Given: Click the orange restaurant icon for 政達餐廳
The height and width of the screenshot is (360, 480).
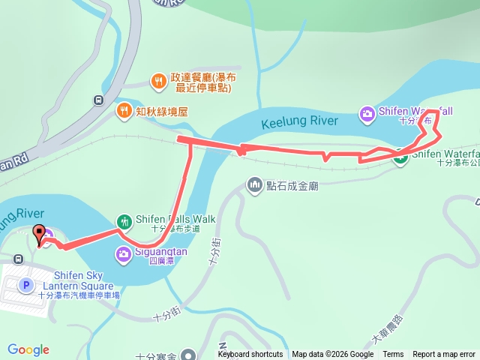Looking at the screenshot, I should click(x=157, y=80).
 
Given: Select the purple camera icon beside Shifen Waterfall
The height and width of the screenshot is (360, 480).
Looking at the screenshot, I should click(x=367, y=113).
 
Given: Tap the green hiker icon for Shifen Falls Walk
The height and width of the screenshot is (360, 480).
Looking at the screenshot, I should click(x=124, y=221).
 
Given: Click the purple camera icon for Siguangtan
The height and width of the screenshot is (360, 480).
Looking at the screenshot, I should click(x=124, y=254).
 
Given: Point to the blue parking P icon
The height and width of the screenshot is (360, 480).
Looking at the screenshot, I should click(x=26, y=285).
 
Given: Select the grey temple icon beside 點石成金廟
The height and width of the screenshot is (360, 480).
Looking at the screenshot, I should click(x=255, y=184).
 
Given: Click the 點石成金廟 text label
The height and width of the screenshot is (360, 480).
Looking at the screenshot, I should click(x=292, y=185).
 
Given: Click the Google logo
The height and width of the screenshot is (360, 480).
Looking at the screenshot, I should click(x=28, y=349).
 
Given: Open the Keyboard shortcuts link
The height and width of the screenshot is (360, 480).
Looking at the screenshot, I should click(x=250, y=355).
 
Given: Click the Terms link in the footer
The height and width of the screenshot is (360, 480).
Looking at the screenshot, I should click(x=393, y=355).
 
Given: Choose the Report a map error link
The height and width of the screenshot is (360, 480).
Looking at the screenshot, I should click(x=444, y=355).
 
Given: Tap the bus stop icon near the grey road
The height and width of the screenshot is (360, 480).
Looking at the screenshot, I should click(x=98, y=100).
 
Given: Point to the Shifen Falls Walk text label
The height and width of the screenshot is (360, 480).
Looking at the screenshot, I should click(x=175, y=220).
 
